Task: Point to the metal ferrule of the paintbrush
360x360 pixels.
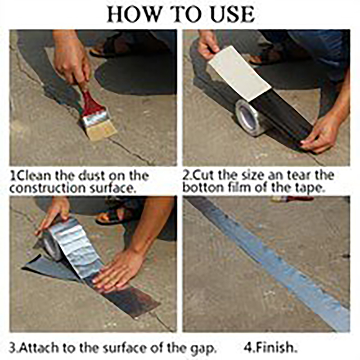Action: coord(96,118)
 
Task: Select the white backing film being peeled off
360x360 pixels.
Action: coord(239,73)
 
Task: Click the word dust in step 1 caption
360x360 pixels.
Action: coord(92,176)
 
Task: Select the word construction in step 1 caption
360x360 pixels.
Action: coord(47,188)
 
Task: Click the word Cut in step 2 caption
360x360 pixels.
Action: coord(205,175)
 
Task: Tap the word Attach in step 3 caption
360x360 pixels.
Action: coord(39,348)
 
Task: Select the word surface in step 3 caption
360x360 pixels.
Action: coord(124,348)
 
